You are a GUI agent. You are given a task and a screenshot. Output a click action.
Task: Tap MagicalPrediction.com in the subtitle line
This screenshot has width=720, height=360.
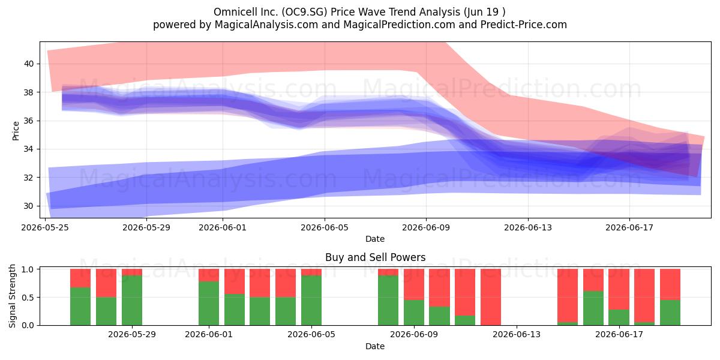tap(399, 25)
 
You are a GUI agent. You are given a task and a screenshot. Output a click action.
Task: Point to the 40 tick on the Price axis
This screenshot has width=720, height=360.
tap(29, 64)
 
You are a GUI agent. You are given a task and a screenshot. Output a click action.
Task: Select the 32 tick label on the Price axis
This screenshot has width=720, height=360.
tap(29, 178)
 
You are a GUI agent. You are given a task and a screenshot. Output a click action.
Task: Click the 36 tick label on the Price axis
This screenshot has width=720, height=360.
tap(29, 121)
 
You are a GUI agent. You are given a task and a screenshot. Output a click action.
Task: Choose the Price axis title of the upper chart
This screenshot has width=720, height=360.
tap(16, 131)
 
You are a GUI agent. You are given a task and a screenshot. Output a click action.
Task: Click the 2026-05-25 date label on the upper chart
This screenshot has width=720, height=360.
tap(45, 227)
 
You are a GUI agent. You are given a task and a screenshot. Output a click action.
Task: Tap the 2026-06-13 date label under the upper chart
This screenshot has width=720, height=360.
tap(528, 227)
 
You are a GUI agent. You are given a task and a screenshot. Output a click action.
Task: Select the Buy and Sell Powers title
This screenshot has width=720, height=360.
tap(375, 257)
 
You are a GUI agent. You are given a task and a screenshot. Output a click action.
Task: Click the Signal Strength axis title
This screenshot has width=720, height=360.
tap(12, 296)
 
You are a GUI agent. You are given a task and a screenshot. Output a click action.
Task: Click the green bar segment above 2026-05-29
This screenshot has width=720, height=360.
tap(132, 300)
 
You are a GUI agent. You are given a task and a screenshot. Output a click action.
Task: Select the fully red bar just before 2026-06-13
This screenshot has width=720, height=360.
tap(491, 297)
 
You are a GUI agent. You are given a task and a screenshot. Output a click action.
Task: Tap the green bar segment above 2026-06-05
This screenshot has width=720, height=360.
tap(311, 300)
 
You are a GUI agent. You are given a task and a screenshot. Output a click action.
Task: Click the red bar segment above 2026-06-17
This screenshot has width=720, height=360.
tap(619, 289)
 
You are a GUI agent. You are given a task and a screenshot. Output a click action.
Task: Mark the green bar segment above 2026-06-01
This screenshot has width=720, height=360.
tap(209, 303)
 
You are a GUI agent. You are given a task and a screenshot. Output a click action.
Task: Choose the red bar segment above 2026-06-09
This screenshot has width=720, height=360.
tap(413, 284)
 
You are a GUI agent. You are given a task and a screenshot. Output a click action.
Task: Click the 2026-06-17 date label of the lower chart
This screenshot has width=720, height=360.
tap(619, 334)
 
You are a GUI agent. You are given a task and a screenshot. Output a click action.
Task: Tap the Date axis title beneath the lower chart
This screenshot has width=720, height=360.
tap(375, 346)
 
